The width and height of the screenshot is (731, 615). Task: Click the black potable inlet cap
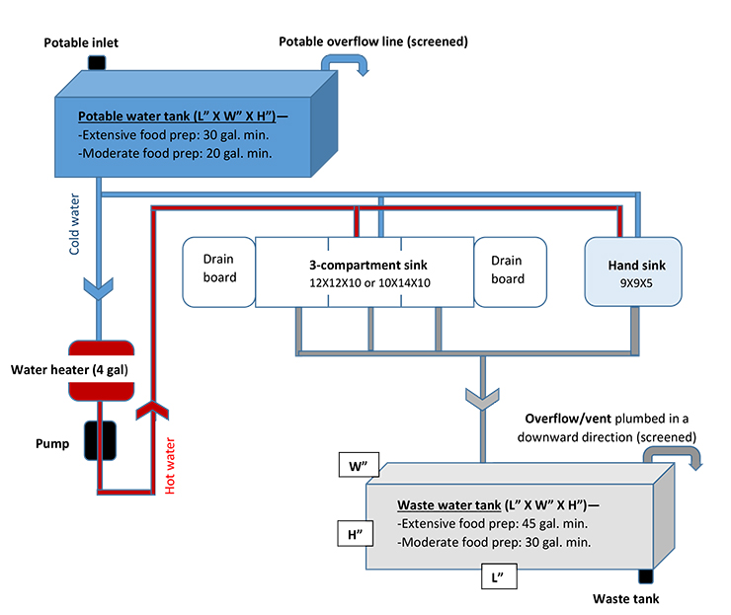pyautogui.click(x=97, y=63)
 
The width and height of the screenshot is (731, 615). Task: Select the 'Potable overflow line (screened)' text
pyautogui.click(x=373, y=41)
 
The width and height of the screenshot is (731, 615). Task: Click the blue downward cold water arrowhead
pyautogui.click(x=100, y=286)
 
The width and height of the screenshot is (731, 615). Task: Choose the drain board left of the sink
pyautogui.click(x=219, y=270)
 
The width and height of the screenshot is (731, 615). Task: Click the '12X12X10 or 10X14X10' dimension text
pyautogui.click(x=365, y=283)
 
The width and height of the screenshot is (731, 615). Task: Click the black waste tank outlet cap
pyautogui.click(x=647, y=577)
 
